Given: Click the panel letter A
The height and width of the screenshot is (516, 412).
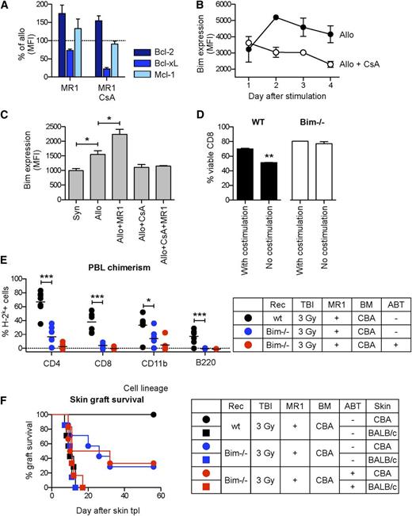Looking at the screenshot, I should pyautogui.click(x=7, y=7).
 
